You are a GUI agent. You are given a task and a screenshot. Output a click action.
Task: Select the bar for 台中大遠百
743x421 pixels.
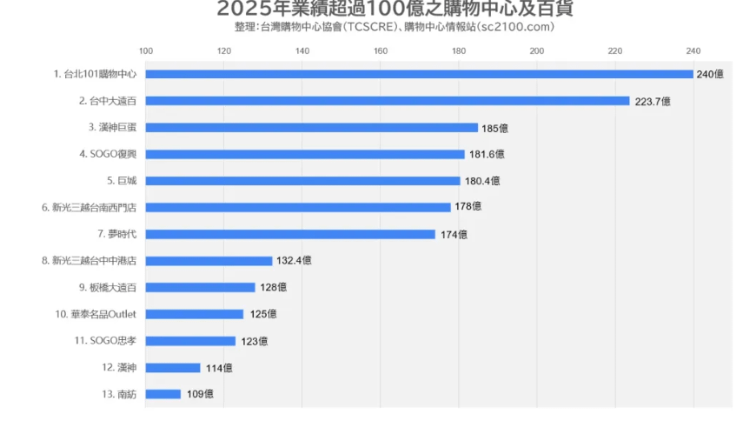click(x=388, y=101)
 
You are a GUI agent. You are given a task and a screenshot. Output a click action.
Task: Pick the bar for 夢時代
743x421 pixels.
click(x=290, y=234)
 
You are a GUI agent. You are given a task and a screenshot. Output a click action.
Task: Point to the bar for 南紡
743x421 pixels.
click(x=163, y=394)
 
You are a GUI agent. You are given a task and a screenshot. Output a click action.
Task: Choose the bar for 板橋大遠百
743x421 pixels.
click(x=201, y=287)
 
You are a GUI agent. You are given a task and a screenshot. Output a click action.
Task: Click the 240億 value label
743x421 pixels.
click(x=710, y=75)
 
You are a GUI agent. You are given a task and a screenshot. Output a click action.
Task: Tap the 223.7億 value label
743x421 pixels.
click(x=653, y=102)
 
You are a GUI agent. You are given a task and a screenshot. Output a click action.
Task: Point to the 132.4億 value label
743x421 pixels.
click(x=294, y=261)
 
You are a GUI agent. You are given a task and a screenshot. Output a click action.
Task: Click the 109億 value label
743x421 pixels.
click(x=200, y=395)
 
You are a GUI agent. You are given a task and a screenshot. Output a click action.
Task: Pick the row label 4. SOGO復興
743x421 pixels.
click(x=108, y=154)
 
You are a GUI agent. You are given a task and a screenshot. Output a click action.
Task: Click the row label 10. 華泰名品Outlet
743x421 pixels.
click(x=96, y=314)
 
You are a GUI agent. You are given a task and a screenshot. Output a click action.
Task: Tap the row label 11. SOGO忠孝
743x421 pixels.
click(x=105, y=341)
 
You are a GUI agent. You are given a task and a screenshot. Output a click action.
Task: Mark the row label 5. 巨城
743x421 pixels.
click(x=122, y=181)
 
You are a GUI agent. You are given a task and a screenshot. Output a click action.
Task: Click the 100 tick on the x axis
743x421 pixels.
click(x=146, y=50)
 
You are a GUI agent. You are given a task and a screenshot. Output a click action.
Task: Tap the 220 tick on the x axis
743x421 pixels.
click(x=615, y=50)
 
